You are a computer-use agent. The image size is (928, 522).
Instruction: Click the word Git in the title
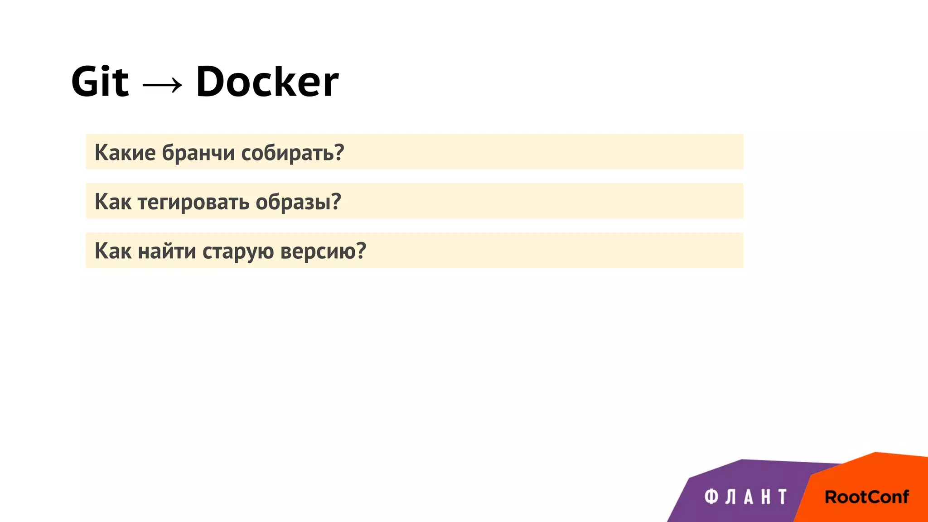[x=100, y=82]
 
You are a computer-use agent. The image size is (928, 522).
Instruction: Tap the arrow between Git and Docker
[x=162, y=84]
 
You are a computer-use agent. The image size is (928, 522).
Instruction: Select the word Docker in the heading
[x=267, y=82]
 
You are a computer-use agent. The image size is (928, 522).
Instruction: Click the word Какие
[x=125, y=153]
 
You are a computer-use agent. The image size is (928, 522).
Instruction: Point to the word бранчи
[x=198, y=153]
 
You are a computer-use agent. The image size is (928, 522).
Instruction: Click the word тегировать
[x=193, y=202]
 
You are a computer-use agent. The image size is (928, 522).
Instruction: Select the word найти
[x=167, y=251]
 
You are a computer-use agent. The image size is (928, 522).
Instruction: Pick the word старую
[x=238, y=251]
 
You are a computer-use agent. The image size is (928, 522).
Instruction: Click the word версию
[x=318, y=251]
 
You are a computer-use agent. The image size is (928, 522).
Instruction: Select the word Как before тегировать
[x=113, y=202]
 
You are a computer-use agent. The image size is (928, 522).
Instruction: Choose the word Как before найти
[x=113, y=251]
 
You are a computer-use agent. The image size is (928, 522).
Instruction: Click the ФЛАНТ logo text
[x=746, y=497]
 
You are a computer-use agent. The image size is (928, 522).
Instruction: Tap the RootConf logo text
[x=866, y=497]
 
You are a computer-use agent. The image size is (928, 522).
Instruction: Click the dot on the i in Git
[x=105, y=68]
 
